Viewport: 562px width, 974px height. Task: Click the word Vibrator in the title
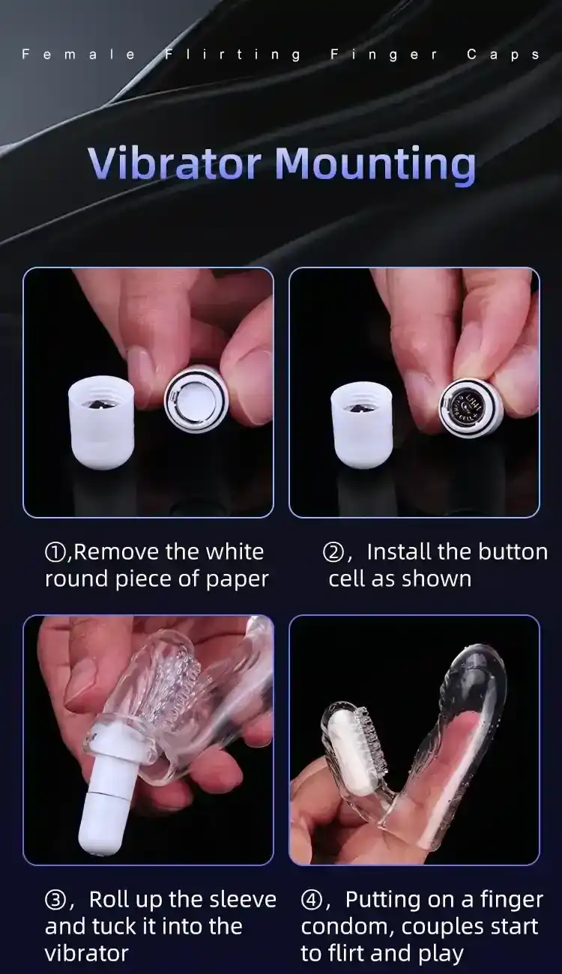coord(175,162)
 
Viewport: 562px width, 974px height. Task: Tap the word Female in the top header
coord(79,55)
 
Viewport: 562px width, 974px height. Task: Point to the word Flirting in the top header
coord(232,55)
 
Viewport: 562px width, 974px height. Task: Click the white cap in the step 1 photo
coord(101,421)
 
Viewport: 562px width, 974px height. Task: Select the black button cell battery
coord(467,405)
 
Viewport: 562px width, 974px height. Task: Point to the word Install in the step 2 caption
coord(399,552)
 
